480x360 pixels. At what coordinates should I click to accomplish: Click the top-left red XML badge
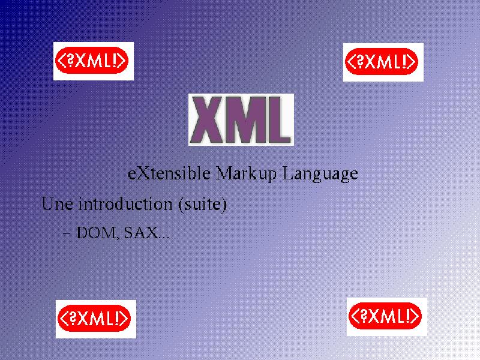pyautogui.click(x=94, y=61)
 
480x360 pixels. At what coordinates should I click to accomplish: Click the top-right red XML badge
pyautogui.click(x=383, y=62)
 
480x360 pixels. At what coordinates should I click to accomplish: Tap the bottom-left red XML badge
pyautogui.click(x=96, y=319)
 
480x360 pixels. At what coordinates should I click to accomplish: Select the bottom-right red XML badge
pyautogui.click(x=387, y=317)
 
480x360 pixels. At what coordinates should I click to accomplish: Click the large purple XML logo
pyautogui.click(x=241, y=119)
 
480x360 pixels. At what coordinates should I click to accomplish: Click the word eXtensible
pyautogui.click(x=169, y=173)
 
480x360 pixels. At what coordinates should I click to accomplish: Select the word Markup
pyautogui.click(x=246, y=174)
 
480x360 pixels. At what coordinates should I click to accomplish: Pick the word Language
pyautogui.click(x=320, y=174)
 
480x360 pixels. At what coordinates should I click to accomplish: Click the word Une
pyautogui.click(x=57, y=203)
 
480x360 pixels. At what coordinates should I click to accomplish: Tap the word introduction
pyautogui.click(x=125, y=203)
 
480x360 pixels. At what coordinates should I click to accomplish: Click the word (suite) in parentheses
pyautogui.click(x=203, y=204)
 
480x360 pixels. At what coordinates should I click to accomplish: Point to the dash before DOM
pyautogui.click(x=67, y=233)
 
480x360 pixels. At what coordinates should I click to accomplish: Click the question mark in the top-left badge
pyautogui.click(x=71, y=61)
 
